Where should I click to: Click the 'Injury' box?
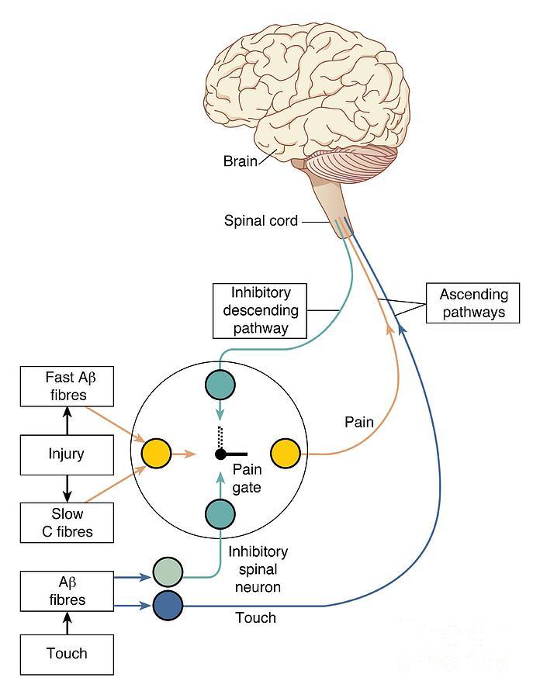(x=67, y=453)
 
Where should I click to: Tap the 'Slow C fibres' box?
(x=67, y=523)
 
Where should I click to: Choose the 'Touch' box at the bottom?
(x=67, y=653)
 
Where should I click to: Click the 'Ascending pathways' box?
(x=473, y=303)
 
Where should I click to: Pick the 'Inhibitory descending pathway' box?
(x=259, y=310)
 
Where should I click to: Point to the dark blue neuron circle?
(x=168, y=605)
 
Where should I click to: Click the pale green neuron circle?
(x=168, y=572)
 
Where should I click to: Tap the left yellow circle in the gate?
(x=157, y=453)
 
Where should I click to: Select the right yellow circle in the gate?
(x=285, y=453)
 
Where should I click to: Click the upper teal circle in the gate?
(x=221, y=385)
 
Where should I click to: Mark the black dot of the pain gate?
(x=221, y=453)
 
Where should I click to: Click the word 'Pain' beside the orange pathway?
(x=359, y=423)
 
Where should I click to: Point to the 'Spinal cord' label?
(x=261, y=221)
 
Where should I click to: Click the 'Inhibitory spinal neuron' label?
(x=258, y=569)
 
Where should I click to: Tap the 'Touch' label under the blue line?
(x=255, y=618)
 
